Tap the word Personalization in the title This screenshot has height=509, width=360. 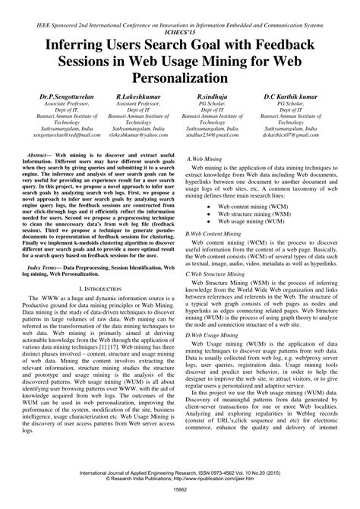[180, 77]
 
